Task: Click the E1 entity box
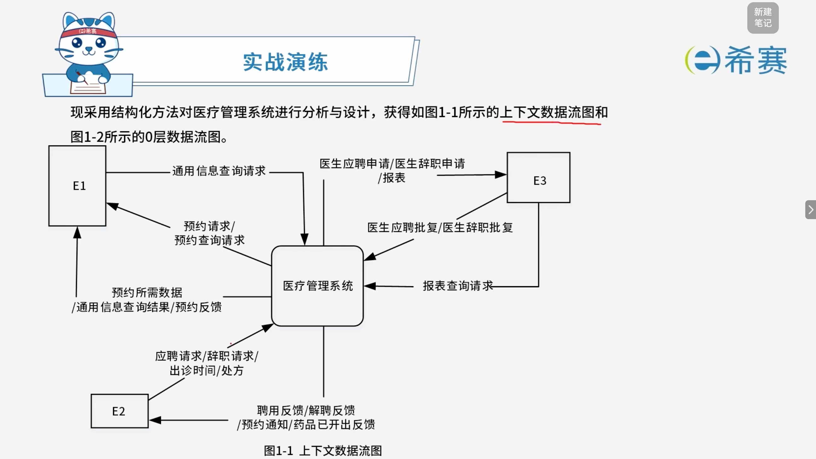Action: point(77,186)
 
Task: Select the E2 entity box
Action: point(120,411)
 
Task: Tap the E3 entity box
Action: point(538,178)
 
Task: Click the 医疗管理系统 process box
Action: point(317,286)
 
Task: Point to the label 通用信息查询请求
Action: point(219,171)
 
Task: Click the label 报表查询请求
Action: point(458,286)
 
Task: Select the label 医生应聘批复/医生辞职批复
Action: point(440,227)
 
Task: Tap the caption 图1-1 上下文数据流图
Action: point(323,450)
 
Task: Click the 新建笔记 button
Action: point(763,18)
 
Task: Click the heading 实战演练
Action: point(285,62)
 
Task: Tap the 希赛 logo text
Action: point(756,60)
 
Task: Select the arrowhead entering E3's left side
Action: point(501,174)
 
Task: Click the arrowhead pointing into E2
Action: point(155,420)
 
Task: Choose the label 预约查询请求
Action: point(210,240)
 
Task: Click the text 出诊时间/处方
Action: point(207,370)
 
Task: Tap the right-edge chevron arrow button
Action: point(811,210)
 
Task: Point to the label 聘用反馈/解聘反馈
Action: point(306,410)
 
